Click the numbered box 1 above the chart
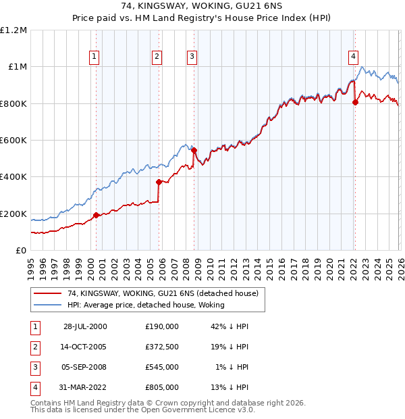click(94, 57)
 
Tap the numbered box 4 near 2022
click(353, 57)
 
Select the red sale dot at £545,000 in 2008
click(194, 150)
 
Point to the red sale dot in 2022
click(356, 103)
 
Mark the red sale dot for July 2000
click(96, 215)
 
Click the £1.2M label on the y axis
click(13, 30)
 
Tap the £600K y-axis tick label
click(13, 141)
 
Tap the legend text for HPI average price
click(146, 305)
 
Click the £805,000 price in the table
click(162, 387)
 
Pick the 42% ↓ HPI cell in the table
click(229, 326)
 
